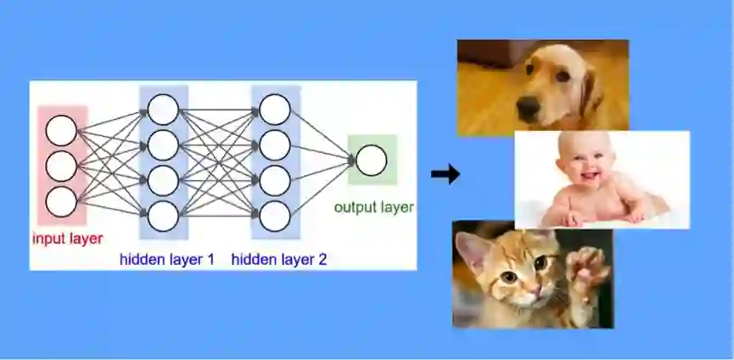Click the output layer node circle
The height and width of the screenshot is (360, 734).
point(371,160)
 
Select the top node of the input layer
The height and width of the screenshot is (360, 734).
point(61,131)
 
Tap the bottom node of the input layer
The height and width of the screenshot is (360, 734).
point(61,201)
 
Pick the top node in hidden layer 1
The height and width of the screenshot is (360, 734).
point(163,110)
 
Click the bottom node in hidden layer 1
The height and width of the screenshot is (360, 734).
point(163,217)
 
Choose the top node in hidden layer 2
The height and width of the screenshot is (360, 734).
point(275,110)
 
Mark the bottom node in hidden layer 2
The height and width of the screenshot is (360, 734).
point(275,217)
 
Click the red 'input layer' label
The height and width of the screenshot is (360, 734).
point(68,239)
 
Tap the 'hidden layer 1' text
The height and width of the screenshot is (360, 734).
point(167,259)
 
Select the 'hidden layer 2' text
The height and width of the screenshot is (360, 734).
point(278,259)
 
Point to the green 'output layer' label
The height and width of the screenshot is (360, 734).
point(373,207)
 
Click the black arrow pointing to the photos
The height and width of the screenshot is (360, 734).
point(445,175)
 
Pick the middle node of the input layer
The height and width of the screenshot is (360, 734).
point(61,166)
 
